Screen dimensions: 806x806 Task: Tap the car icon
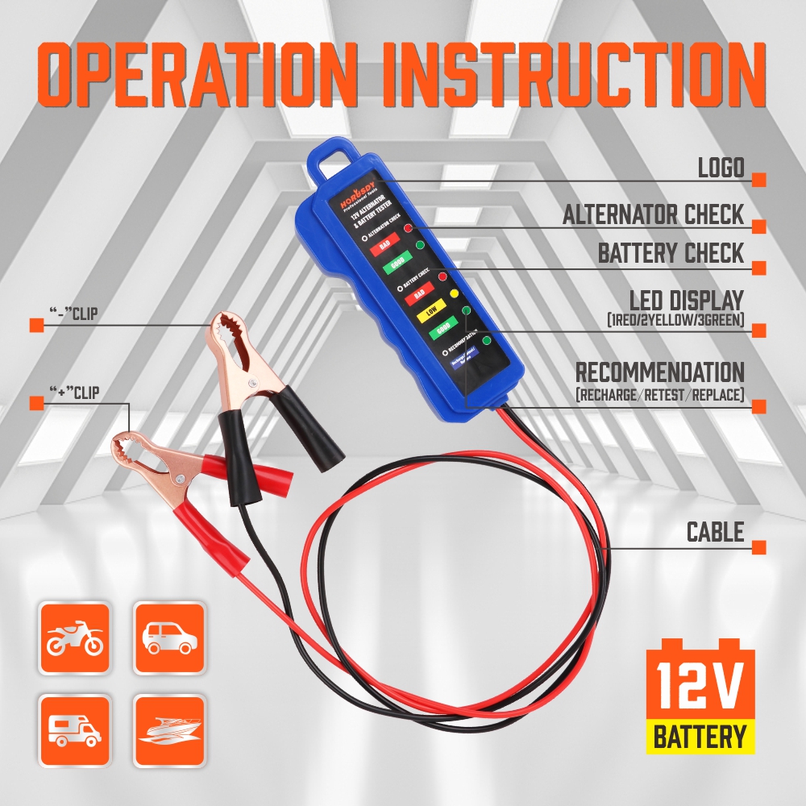click(168, 638)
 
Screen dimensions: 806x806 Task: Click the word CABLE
click(715, 532)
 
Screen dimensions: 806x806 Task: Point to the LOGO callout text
click(721, 168)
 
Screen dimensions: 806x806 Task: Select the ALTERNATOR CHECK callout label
click(653, 215)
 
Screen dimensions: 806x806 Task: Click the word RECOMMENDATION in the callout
click(659, 372)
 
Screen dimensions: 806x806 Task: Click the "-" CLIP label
click(73, 313)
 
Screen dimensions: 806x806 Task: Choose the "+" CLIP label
click(74, 393)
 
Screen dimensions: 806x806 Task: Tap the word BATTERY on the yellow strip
click(699, 737)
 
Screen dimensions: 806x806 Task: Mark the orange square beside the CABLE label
click(758, 547)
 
